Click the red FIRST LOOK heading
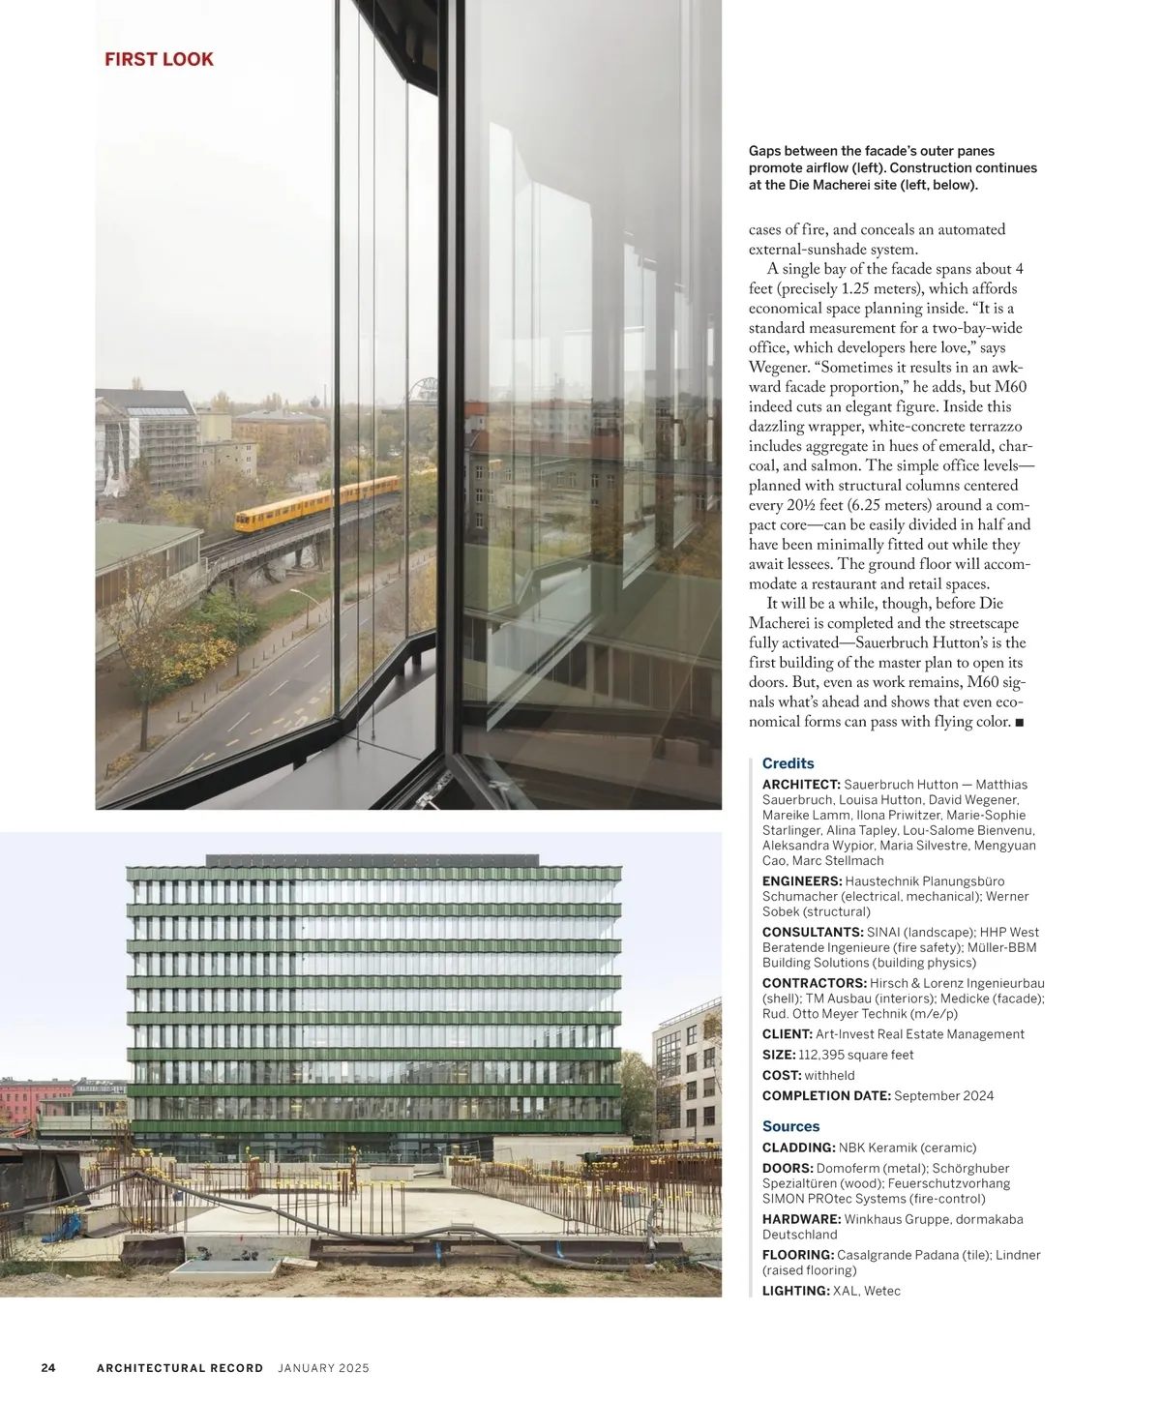159,59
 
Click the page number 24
48,1368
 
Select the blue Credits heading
788,763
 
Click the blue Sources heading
790,1126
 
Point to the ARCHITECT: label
801,785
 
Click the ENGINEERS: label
802,881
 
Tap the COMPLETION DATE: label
826,1096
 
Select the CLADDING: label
798,1148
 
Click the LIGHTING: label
796,1291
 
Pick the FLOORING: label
798,1255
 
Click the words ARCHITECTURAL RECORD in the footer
180,1368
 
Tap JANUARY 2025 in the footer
323,1368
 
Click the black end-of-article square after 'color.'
1019,723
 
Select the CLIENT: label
788,1034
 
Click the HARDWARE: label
801,1219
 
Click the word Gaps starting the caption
764,151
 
